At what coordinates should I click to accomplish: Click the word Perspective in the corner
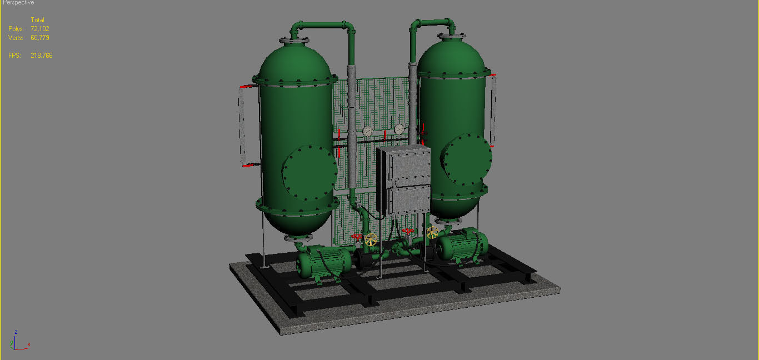coord(18,3)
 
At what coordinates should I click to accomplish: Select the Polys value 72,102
coord(40,29)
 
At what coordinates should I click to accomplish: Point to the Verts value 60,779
coord(40,38)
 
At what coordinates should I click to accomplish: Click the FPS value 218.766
coord(42,56)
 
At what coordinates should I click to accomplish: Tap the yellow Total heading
coord(37,20)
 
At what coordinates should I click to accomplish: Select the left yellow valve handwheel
coord(371,240)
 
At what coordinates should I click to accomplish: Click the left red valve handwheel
coord(357,236)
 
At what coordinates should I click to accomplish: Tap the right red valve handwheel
coord(408,231)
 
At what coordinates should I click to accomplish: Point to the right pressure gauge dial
coord(399,129)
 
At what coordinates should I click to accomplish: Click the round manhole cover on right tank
coord(467,159)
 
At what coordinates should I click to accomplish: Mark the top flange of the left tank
coord(294,41)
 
